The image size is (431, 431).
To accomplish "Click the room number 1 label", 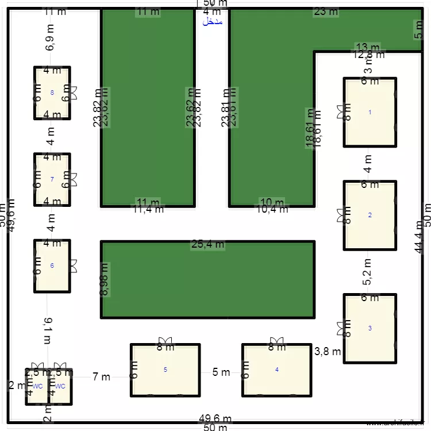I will pos(370,112).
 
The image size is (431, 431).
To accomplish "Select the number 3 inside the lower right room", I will pos(370,328).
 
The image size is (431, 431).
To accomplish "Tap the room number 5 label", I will pos(166,370).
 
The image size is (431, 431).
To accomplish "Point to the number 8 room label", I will pos(52,93).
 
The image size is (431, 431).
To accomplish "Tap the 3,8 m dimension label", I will pos(329,351).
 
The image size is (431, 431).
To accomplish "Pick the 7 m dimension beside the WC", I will pos(101,377).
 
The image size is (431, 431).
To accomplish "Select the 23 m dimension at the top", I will pos(326,11).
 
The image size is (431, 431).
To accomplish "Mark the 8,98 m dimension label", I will pos(105,280).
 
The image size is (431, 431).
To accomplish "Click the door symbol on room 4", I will pos(277,340).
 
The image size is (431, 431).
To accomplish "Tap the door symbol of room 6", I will pos(74,265).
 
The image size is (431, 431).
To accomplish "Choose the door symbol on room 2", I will pos(341,215).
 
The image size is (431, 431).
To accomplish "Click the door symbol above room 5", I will pos(166,340).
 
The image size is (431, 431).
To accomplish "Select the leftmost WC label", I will pos(38,386).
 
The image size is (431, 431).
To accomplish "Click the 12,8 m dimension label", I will pos(368,55).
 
